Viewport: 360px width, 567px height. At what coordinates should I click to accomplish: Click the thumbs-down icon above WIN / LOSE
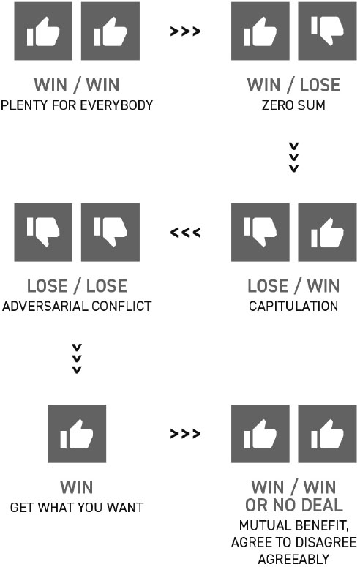[327, 31]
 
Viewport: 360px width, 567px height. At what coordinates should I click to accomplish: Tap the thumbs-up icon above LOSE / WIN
[327, 232]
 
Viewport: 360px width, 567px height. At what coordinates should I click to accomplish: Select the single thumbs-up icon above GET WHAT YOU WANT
[77, 434]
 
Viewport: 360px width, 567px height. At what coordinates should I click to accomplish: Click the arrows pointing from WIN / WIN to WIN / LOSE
[185, 31]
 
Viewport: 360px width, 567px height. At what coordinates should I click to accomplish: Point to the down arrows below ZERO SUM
[294, 157]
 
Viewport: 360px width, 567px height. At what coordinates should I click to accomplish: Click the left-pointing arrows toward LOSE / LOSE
[185, 233]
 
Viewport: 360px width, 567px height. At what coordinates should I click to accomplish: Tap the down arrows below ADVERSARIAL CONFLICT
[77, 358]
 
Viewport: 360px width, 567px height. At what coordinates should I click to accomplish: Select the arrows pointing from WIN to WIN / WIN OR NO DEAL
[185, 434]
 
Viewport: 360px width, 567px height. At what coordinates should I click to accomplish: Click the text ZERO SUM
[293, 105]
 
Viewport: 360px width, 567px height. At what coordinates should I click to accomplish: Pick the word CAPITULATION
[293, 307]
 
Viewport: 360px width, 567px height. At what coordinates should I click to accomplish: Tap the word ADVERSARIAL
[43, 307]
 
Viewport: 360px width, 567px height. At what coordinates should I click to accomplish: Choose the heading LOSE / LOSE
[77, 286]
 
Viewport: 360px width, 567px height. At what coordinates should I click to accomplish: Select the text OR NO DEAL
[294, 505]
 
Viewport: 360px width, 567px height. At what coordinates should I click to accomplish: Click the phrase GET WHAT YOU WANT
[77, 507]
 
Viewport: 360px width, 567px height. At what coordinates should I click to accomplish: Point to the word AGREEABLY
[293, 559]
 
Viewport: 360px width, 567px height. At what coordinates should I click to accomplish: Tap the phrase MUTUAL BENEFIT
[294, 525]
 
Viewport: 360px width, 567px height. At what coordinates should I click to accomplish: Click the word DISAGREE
[323, 542]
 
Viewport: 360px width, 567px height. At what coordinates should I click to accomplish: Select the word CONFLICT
[121, 307]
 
